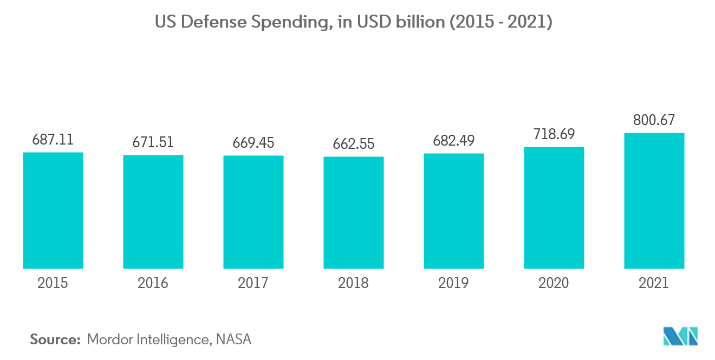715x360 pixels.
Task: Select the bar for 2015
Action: pyautogui.click(x=53, y=211)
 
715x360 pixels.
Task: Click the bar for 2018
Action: pyautogui.click(x=354, y=213)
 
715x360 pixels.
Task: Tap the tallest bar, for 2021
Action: pyautogui.click(x=654, y=201)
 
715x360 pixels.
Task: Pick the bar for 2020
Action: pyautogui.click(x=554, y=208)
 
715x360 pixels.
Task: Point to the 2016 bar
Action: pyautogui.click(x=153, y=212)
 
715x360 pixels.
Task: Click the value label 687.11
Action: pyautogui.click(x=53, y=140)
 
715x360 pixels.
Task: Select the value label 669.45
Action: pyautogui.click(x=253, y=143)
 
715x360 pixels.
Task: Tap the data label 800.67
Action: pyautogui.click(x=654, y=120)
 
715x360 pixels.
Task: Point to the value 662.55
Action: pyautogui.click(x=354, y=144)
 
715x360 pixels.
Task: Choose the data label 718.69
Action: pyautogui.click(x=554, y=134)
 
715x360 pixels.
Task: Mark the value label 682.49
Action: pyautogui.click(x=454, y=141)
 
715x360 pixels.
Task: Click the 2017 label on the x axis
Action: pyautogui.click(x=253, y=283)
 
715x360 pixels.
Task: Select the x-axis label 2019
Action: pyautogui.click(x=454, y=283)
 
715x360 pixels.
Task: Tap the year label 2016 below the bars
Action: pyautogui.click(x=153, y=283)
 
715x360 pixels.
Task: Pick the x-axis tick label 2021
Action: pyautogui.click(x=654, y=283)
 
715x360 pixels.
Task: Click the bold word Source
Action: pyautogui.click(x=55, y=339)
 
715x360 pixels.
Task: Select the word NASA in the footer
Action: pyautogui.click(x=233, y=339)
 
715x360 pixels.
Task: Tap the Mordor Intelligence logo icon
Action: pyautogui.click(x=681, y=336)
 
